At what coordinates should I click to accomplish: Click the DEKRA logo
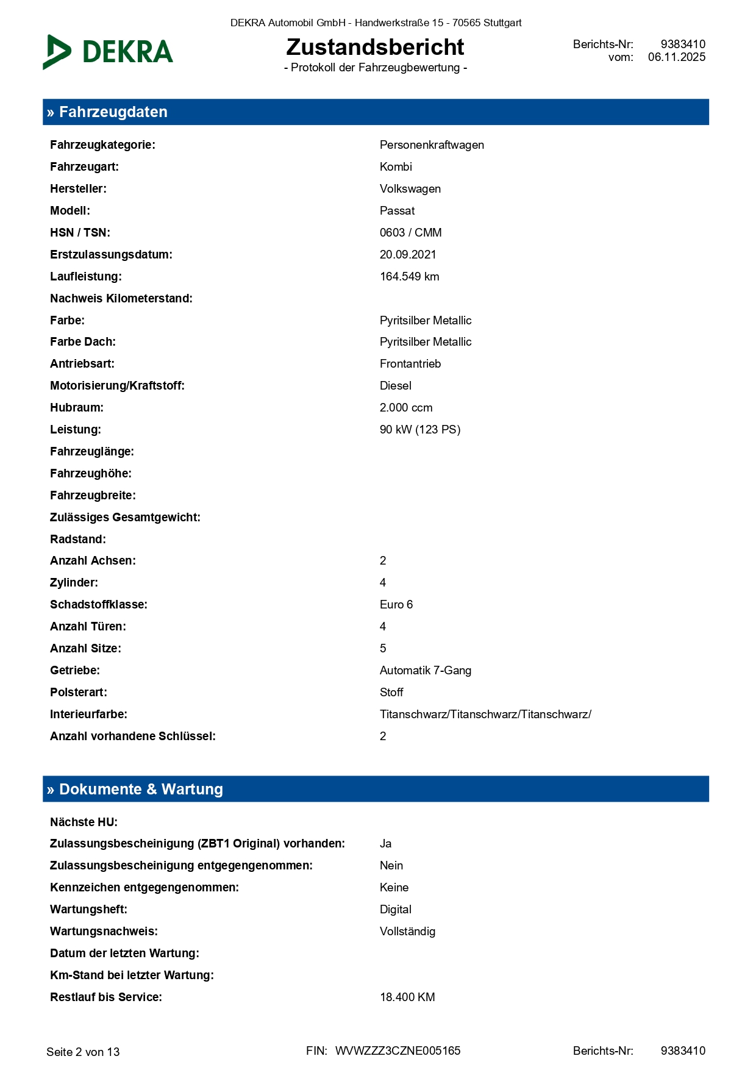[x=108, y=52]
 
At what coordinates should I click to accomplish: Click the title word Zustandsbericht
[x=375, y=47]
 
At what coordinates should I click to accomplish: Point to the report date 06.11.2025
[x=676, y=57]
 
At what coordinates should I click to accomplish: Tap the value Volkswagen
[x=410, y=189]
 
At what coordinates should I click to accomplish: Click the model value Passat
[x=397, y=211]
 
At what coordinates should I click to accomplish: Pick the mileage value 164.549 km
[x=409, y=277]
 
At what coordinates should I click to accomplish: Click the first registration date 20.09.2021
[x=408, y=255]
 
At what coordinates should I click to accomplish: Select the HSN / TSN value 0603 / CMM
[x=410, y=233]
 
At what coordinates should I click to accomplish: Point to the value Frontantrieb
[x=410, y=364]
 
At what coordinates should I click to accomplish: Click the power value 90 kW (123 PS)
[x=419, y=430]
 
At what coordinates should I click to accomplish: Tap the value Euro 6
[x=396, y=605]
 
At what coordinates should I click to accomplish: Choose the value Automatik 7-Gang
[x=425, y=671]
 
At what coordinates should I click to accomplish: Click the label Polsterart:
[x=78, y=693]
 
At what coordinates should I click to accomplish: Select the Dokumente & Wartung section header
[x=141, y=789]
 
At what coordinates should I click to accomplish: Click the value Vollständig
[x=407, y=932]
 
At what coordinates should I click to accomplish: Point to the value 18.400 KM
[x=407, y=997]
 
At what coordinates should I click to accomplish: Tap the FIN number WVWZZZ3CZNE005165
[x=398, y=1051]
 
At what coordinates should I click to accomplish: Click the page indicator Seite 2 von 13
[x=83, y=1052]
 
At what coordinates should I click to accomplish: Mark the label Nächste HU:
[x=84, y=822]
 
